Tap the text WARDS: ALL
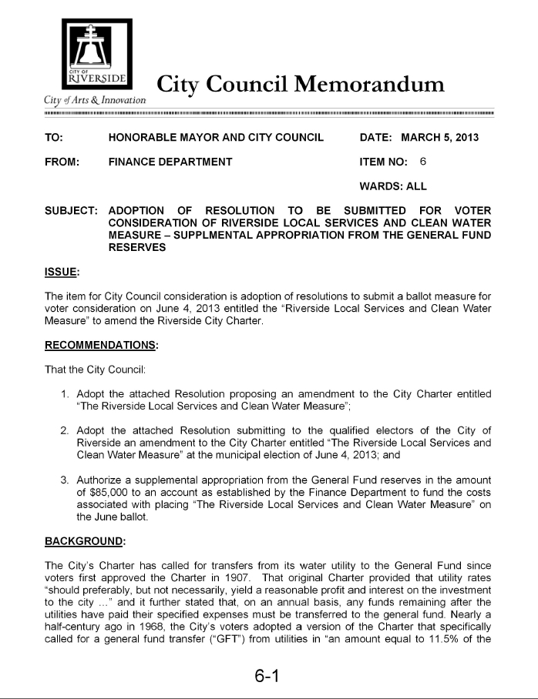pos(393,186)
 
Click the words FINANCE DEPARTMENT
pos(170,162)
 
